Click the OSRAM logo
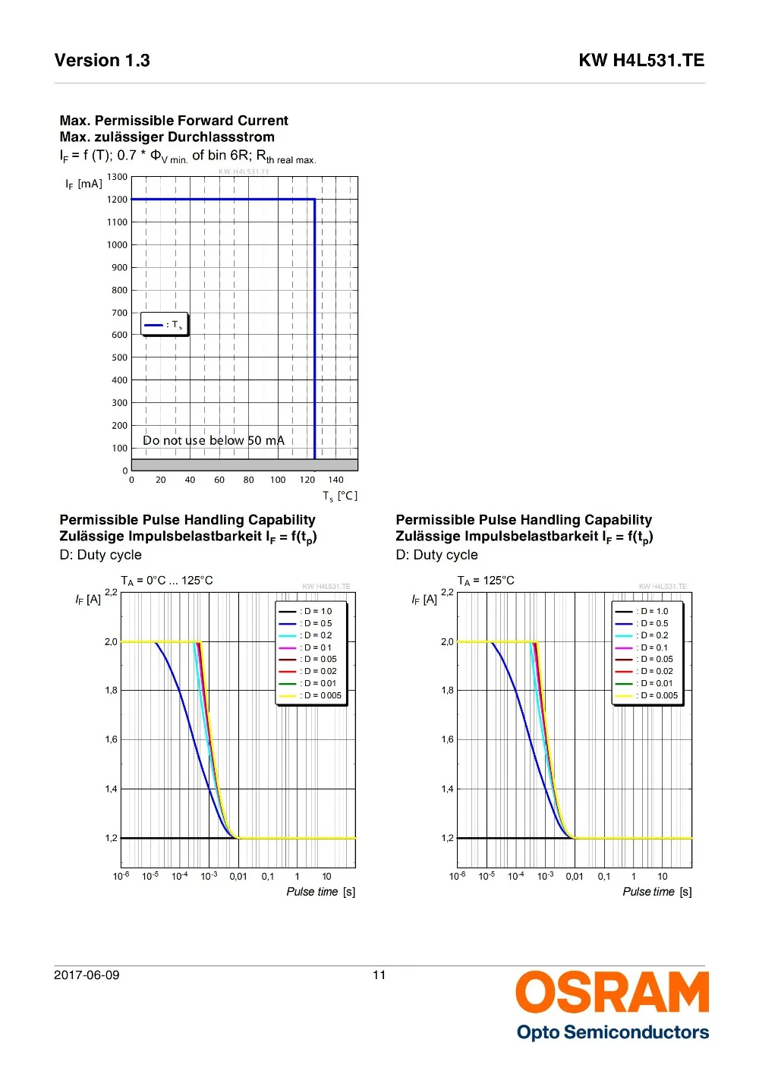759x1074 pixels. [x=612, y=992]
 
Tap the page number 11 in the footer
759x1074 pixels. [x=379, y=975]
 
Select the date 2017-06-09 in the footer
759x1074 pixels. [x=87, y=975]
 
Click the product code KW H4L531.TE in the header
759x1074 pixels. [x=641, y=61]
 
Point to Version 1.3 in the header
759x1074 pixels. [x=102, y=61]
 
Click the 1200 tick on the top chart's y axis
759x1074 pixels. [x=117, y=200]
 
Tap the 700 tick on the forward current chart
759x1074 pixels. [x=119, y=313]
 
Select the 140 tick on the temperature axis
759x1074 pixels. [x=336, y=480]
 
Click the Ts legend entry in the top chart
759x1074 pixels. [x=164, y=325]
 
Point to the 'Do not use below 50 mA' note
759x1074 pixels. [x=213, y=440]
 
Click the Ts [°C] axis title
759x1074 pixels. [x=340, y=496]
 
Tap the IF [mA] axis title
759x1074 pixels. [x=83, y=184]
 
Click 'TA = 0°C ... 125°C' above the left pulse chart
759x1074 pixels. [x=167, y=581]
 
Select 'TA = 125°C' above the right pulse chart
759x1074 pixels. [x=486, y=581]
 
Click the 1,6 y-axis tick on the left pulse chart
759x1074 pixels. [x=111, y=739]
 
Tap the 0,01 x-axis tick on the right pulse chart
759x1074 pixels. [x=575, y=877]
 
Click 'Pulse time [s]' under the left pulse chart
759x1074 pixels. [x=320, y=892]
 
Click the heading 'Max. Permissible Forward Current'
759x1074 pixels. [x=174, y=121]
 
